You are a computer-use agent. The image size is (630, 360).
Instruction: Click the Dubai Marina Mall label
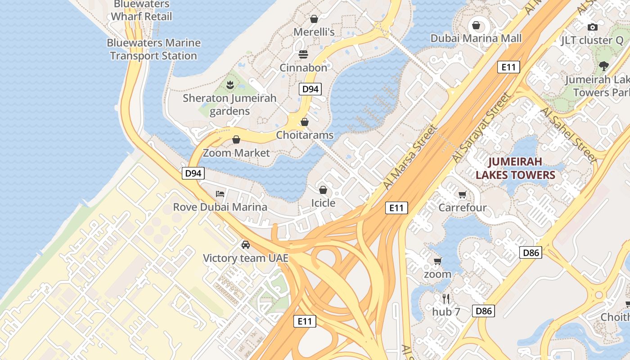[476, 38]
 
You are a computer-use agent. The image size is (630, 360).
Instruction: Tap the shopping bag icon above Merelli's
[314, 19]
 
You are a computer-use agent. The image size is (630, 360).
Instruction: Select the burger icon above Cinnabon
[303, 54]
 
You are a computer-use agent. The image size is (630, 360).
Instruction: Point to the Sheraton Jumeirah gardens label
[229, 104]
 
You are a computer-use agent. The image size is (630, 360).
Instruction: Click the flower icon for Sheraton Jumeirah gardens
[229, 85]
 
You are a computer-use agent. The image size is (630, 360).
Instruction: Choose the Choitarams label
[305, 135]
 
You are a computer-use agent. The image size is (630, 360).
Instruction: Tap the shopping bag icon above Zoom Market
[236, 139]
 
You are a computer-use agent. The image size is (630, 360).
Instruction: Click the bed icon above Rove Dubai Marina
[220, 194]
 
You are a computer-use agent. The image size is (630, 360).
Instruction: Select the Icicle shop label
[323, 203]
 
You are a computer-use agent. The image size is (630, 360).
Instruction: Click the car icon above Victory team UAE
[245, 245]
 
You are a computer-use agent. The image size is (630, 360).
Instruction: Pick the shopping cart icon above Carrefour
[462, 194]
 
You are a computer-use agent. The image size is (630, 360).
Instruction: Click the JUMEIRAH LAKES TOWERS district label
[515, 168]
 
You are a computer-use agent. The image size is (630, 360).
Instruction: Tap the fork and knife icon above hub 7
[446, 298]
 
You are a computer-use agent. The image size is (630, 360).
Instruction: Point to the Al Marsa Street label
[410, 157]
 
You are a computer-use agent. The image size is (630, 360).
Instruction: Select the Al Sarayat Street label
[482, 129]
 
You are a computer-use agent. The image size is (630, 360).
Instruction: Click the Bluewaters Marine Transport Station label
[153, 49]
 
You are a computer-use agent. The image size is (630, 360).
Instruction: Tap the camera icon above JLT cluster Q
[593, 27]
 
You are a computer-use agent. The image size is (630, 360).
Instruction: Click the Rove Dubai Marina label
[220, 207]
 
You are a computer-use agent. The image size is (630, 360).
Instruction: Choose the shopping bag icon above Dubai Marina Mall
[476, 25]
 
